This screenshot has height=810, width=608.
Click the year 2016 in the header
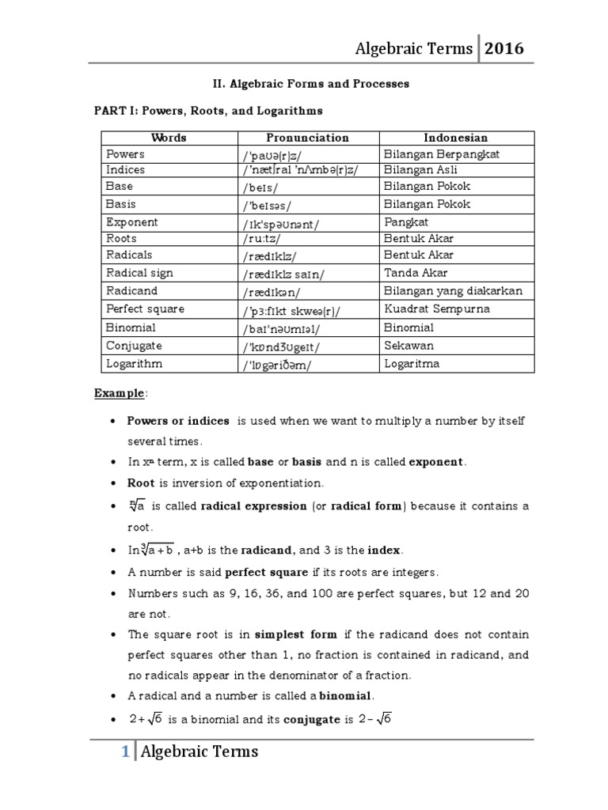pos(503,48)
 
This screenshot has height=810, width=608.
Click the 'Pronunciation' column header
pos(307,138)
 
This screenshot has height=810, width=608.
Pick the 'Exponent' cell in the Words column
pos(132,222)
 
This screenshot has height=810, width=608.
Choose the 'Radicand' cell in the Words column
pos(132,291)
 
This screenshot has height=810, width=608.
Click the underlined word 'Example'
pos(120,392)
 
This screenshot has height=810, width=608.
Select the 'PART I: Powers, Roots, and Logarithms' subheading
pos(208,111)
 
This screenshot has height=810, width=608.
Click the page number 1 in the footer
pos(124,752)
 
